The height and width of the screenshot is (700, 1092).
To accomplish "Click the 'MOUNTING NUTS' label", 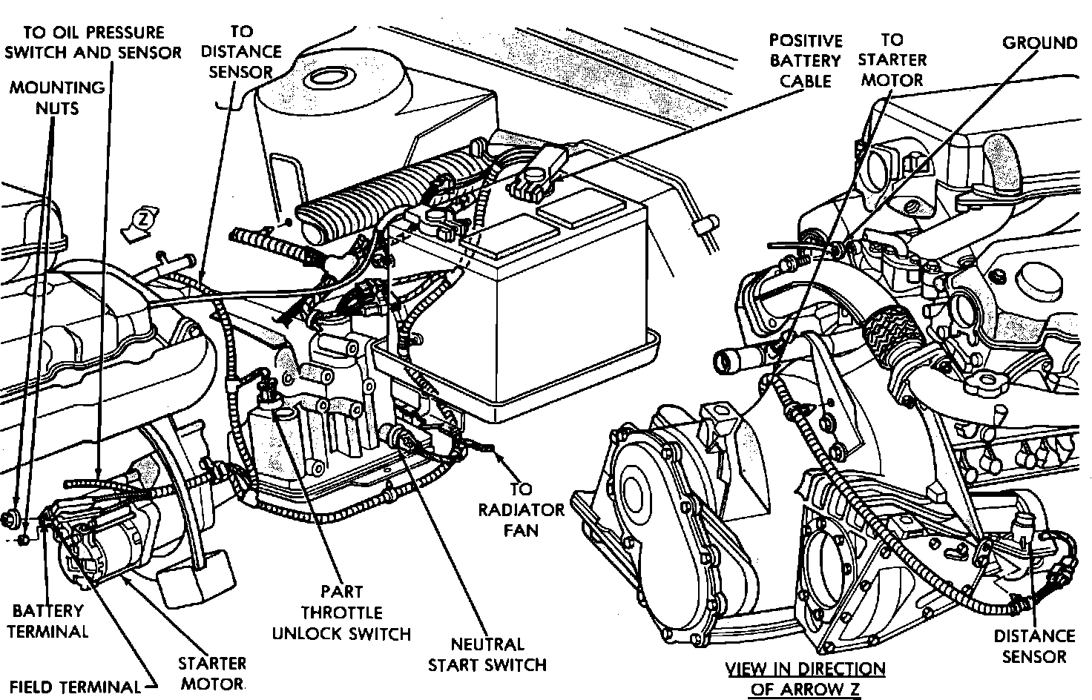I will coord(56,97).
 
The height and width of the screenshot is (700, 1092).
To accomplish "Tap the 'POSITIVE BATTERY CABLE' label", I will coord(805,60).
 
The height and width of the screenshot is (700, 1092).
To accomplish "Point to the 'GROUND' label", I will coord(1039,42).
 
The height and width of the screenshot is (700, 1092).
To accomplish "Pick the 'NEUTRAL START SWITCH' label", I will coord(487,654).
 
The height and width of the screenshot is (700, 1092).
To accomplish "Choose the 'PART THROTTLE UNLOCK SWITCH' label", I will coord(341,612).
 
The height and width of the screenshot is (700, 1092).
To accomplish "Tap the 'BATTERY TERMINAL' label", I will coord(50,621).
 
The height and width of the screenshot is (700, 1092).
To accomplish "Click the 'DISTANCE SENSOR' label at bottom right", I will coord(1034,645).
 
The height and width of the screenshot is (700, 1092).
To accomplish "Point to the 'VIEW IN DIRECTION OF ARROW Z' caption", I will coord(805,678).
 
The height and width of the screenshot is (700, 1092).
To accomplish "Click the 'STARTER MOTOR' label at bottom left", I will coord(211,673).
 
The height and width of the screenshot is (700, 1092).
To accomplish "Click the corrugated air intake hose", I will coord(356,200).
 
